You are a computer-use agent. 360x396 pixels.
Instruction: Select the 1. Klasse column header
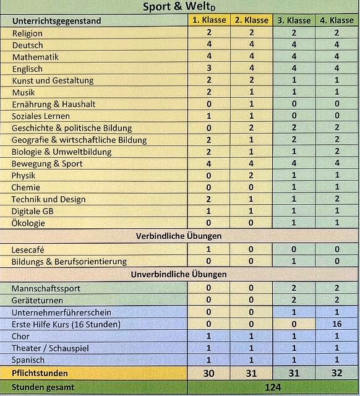pos(209,20)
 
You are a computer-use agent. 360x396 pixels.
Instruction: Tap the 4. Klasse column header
pos(336,20)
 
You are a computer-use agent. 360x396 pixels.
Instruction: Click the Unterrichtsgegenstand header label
pos(56,21)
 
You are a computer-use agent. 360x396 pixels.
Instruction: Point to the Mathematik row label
pos(35,57)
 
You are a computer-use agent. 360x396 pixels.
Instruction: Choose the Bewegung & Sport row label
pos(47,164)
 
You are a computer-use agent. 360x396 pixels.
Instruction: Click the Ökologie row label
pos(28,223)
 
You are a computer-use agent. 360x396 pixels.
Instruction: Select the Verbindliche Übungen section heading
pos(178,236)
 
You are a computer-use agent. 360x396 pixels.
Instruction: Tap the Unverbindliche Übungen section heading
pos(178,274)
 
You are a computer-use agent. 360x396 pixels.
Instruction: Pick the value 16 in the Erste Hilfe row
pos(336,324)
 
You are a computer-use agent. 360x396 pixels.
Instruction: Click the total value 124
pos(272,388)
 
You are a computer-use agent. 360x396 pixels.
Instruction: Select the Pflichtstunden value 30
pos(208,374)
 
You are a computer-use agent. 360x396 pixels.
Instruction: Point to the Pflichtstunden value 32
pos(336,374)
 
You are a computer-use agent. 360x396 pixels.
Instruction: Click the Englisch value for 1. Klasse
pos(208,69)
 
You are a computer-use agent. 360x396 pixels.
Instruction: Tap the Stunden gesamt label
pos(43,388)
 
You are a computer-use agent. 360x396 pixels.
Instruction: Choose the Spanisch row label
pos(28,360)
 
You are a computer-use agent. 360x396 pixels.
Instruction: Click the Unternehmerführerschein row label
pos(61,312)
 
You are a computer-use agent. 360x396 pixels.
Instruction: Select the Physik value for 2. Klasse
pos(251,176)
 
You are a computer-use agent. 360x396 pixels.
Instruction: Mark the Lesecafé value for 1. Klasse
pos(208,249)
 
